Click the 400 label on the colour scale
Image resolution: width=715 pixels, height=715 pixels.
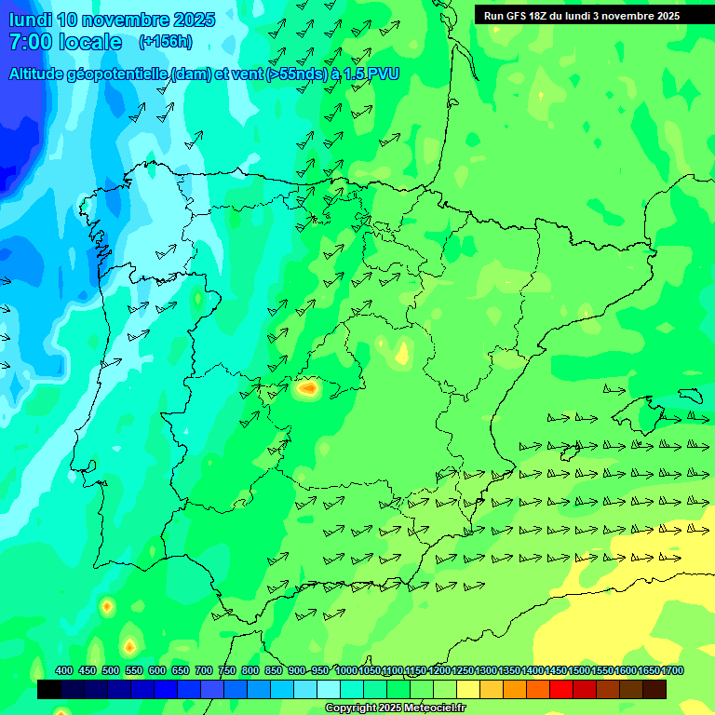(x=64, y=670)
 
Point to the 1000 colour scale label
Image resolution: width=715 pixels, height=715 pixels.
(x=346, y=670)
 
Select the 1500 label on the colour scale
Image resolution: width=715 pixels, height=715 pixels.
(x=579, y=670)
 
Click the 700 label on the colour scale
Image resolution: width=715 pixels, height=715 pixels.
(x=204, y=670)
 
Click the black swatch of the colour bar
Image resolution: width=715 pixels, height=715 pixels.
(x=49, y=689)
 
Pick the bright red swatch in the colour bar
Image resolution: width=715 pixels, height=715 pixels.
(x=561, y=689)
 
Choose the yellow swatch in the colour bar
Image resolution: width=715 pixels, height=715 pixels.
(x=468, y=689)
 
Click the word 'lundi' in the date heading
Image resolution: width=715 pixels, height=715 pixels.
(x=30, y=20)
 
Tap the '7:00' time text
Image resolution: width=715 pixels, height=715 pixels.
(x=30, y=42)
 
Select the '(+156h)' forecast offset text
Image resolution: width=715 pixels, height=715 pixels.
(x=165, y=42)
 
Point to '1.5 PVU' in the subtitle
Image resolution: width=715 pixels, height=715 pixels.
(x=371, y=74)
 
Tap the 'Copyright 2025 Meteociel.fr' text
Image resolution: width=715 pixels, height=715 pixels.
(x=395, y=708)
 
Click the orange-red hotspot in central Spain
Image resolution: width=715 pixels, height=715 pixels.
(x=307, y=388)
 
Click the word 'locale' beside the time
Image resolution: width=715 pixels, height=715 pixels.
(x=90, y=42)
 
